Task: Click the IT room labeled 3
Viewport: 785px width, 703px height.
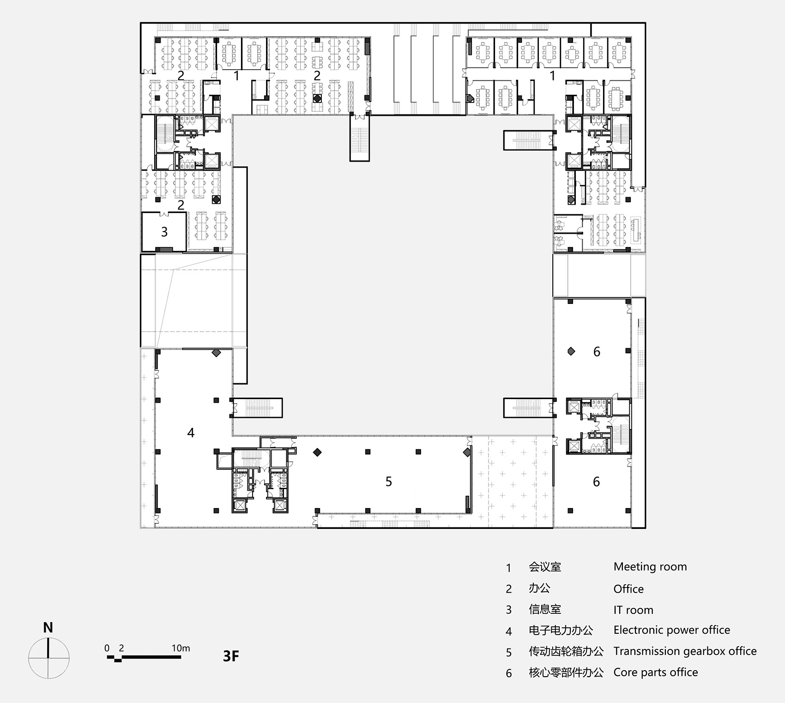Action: [164, 231]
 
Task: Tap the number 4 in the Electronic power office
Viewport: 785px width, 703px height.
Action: [191, 433]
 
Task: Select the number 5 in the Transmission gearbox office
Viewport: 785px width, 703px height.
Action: [389, 482]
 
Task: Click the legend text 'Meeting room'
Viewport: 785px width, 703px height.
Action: [650, 567]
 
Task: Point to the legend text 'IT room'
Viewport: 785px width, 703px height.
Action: [634, 610]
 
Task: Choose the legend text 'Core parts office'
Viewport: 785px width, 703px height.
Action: [656, 673]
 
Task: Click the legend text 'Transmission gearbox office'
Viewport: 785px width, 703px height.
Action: [685, 651]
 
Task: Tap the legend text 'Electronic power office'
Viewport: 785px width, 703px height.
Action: [672, 630]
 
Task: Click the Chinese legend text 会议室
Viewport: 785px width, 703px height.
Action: [545, 567]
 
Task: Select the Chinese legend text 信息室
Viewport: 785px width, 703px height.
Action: [545, 610]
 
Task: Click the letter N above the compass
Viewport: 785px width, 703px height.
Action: [48, 627]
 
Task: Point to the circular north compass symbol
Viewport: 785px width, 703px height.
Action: [48, 658]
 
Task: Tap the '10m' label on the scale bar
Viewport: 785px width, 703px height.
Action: [181, 648]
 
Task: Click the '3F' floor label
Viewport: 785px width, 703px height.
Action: [231, 656]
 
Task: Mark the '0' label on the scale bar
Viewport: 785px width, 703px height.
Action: [107, 648]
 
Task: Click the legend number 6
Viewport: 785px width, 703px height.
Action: [509, 673]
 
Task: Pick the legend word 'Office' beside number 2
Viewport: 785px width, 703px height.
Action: [628, 589]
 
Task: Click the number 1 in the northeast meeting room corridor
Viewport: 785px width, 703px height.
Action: [552, 75]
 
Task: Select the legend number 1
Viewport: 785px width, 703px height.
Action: [509, 568]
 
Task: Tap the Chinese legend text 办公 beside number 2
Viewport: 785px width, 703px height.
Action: [539, 588]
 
